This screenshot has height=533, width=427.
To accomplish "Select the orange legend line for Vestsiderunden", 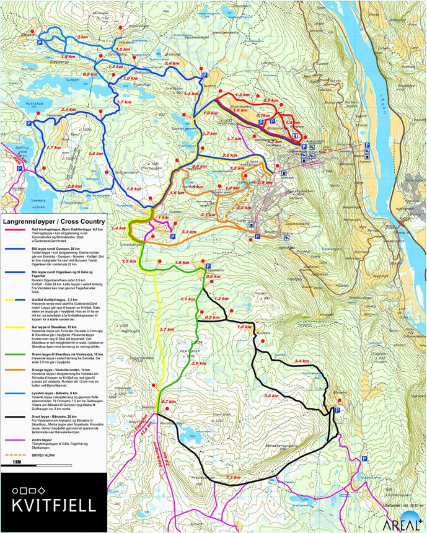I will point(14,368).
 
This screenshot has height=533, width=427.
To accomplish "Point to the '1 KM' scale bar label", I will point(18,462).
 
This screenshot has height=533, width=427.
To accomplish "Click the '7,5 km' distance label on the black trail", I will point(233,477).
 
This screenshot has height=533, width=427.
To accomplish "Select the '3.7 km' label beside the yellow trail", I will point(166,329).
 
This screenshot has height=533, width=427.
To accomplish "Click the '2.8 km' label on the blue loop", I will point(74,186).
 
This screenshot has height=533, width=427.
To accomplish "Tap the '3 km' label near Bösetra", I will point(82,38).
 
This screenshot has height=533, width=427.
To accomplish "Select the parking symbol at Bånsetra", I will point(337,410).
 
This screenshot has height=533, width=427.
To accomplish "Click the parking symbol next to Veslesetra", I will point(206,266).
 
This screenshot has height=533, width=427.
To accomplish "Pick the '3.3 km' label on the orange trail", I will point(188,232).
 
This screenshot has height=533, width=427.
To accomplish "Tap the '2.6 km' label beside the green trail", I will point(199,363).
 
